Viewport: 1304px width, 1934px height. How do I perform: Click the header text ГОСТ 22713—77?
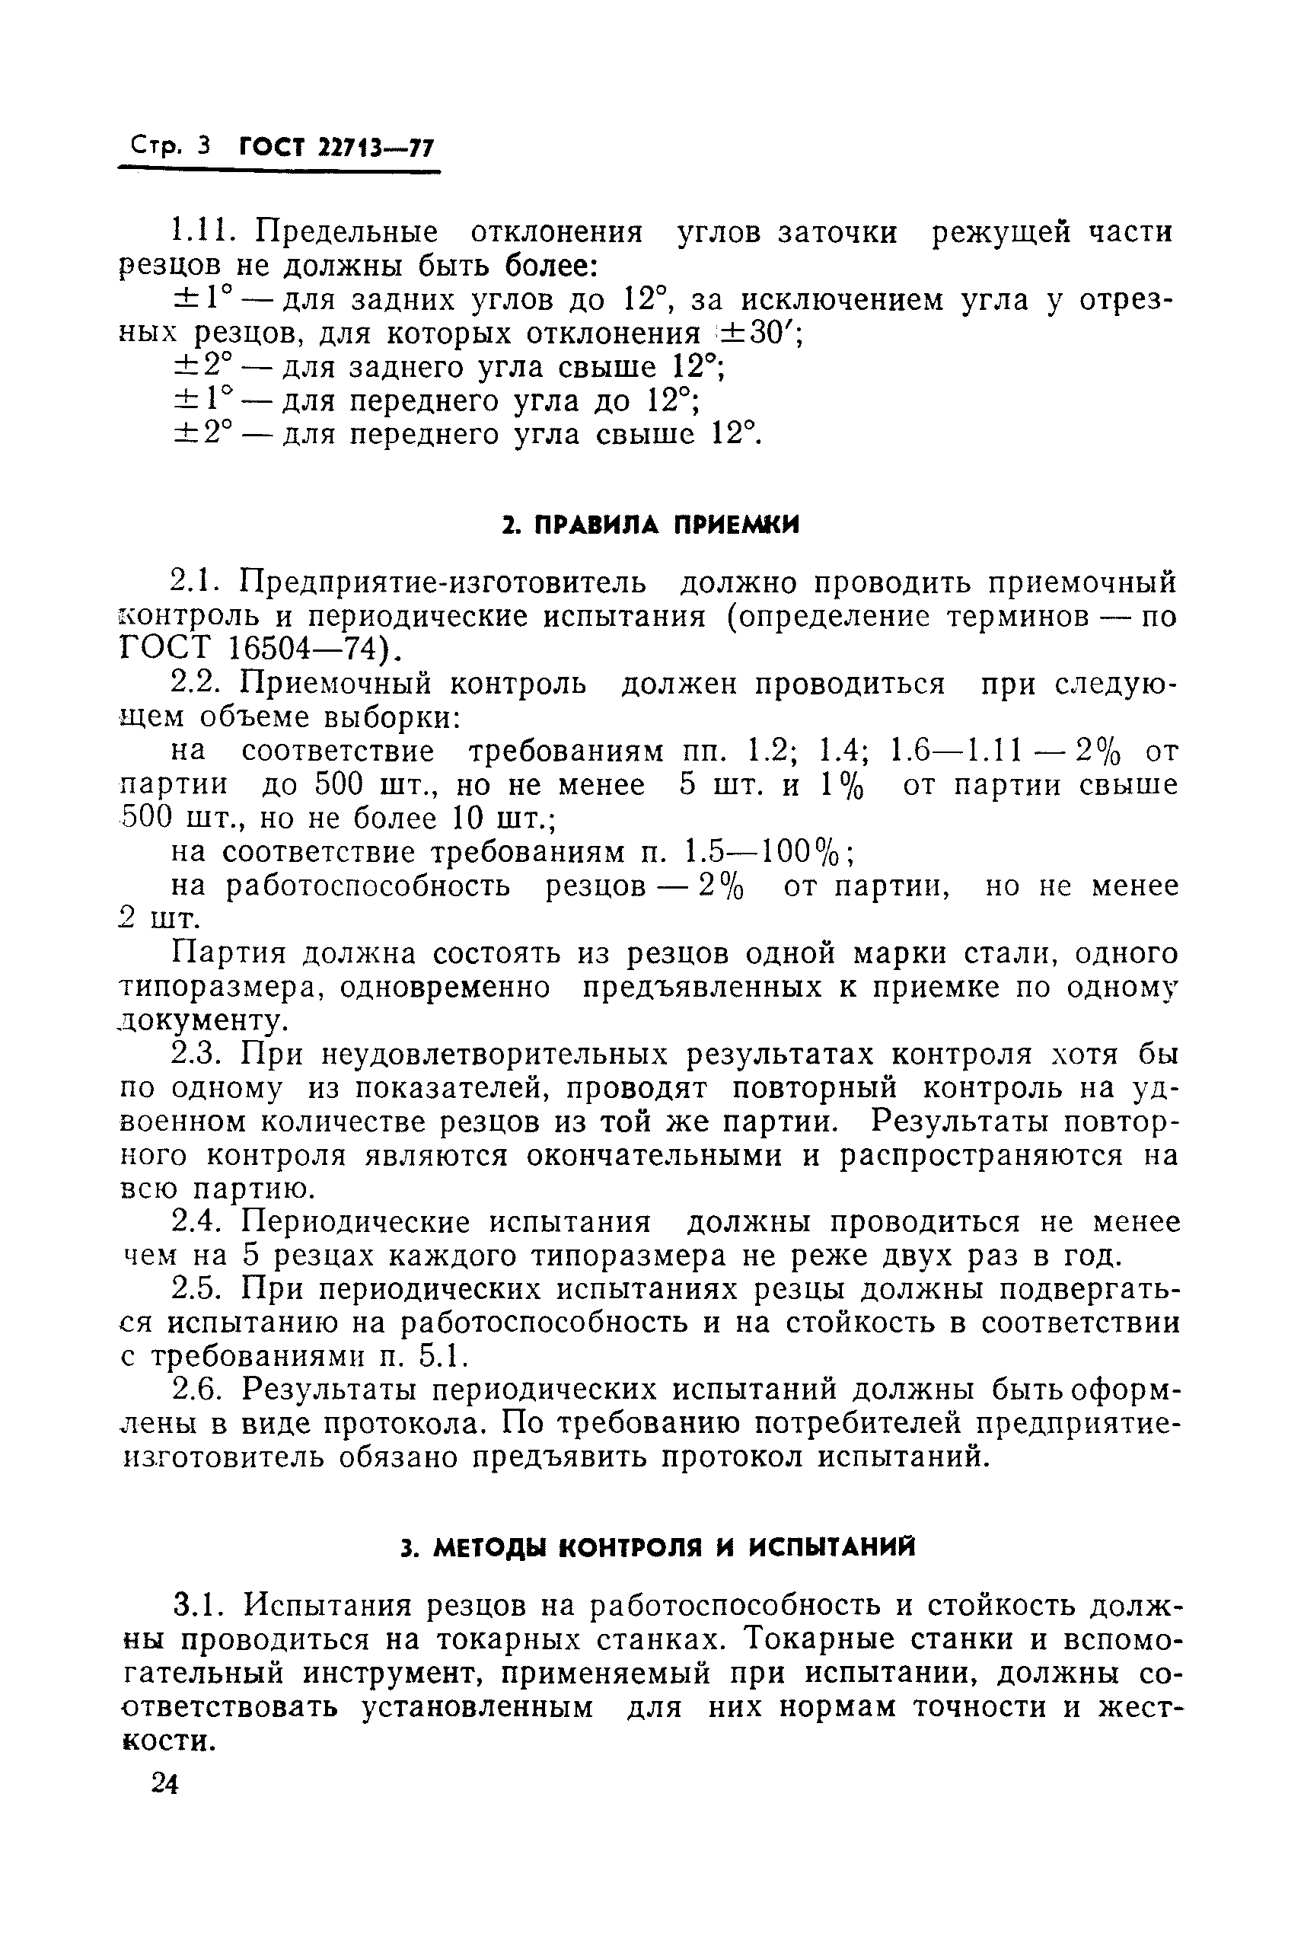336,148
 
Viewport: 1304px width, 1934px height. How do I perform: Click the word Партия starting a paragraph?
228,953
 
